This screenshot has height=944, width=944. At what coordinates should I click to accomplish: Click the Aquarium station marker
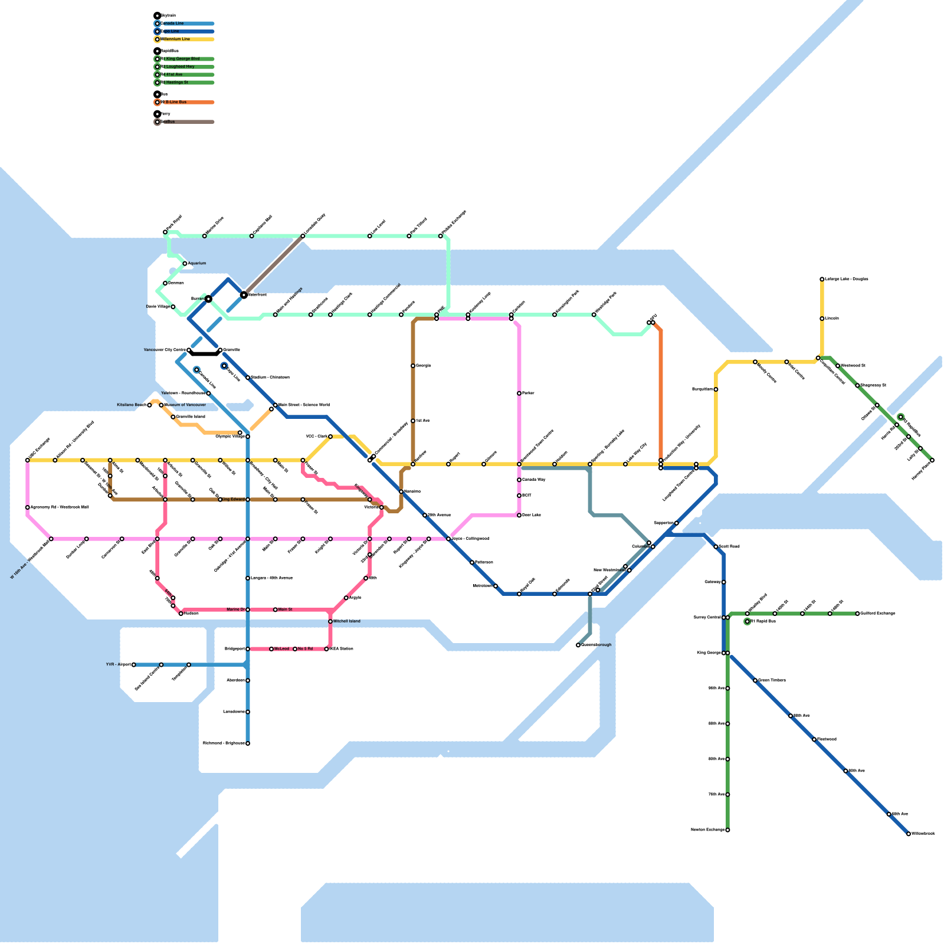pyautogui.click(x=185, y=264)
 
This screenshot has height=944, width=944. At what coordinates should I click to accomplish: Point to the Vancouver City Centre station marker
pyautogui.click(x=189, y=350)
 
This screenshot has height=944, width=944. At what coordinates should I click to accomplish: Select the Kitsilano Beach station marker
pyautogui.click(x=149, y=405)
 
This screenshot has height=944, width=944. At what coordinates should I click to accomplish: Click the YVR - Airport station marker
pyautogui.click(x=134, y=665)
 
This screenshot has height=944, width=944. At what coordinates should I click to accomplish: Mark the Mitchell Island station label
pyautogui.click(x=346, y=621)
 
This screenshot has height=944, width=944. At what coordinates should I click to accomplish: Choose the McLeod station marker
pyautogui.click(x=271, y=649)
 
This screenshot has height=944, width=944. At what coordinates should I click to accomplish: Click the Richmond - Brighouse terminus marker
pyautogui.click(x=248, y=743)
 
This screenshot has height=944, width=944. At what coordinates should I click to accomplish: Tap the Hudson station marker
pyautogui.click(x=181, y=614)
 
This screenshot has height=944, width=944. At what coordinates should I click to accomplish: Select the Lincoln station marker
pyautogui.click(x=822, y=319)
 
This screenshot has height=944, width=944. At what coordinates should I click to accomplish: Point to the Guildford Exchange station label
pyautogui.click(x=878, y=614)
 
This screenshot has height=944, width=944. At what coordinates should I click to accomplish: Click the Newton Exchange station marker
pyautogui.click(x=727, y=830)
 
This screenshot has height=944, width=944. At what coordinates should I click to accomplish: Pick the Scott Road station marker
pyautogui.click(x=716, y=547)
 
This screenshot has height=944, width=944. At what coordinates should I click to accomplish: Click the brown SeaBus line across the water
pyautogui.click(x=273, y=265)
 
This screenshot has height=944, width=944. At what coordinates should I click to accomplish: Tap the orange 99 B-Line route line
pyautogui.click(x=661, y=395)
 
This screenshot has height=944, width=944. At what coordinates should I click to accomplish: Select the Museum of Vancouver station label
pyautogui.click(x=185, y=405)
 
